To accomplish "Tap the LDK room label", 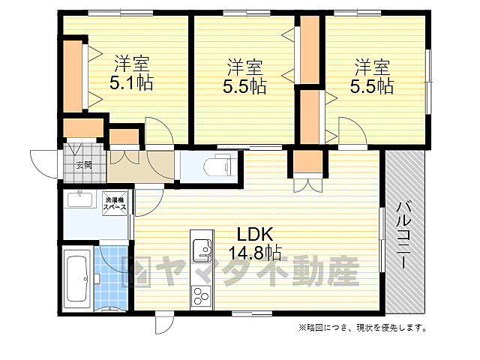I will [x=251, y=233].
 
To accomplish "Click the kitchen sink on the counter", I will [x=201, y=247].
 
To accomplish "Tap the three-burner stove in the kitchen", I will [x=201, y=294].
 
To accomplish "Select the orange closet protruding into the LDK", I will [x=308, y=161].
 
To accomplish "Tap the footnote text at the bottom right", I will [x=363, y=328].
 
